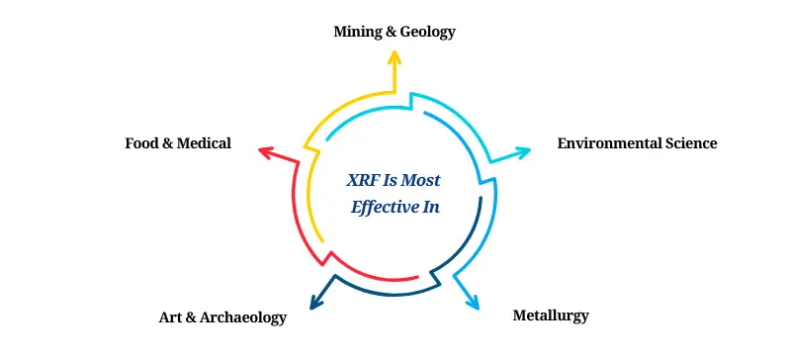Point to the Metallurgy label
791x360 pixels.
pos(551,316)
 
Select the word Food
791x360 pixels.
pos(141,143)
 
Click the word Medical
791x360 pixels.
pos(205,143)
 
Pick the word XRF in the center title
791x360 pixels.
pos(363,181)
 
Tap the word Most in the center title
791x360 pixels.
pos(421,181)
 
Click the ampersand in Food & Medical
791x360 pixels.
pos(168,143)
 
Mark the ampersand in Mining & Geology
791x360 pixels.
pos(393,32)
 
